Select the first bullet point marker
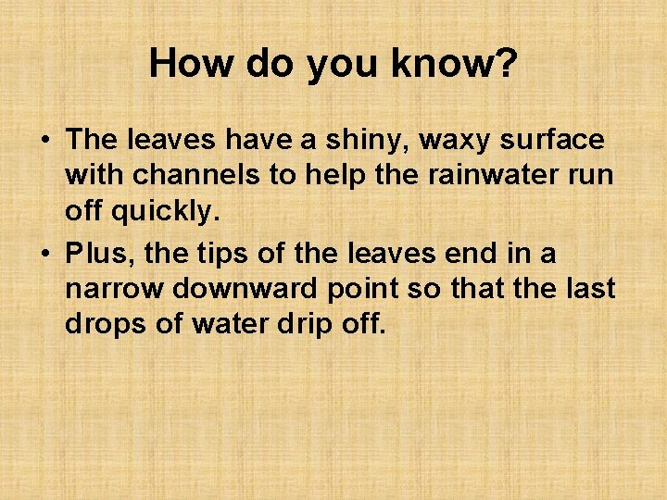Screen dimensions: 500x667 tap(44, 141)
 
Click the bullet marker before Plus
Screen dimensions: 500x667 tap(44, 253)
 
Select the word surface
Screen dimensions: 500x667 tap(560, 141)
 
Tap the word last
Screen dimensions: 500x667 tap(590, 289)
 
